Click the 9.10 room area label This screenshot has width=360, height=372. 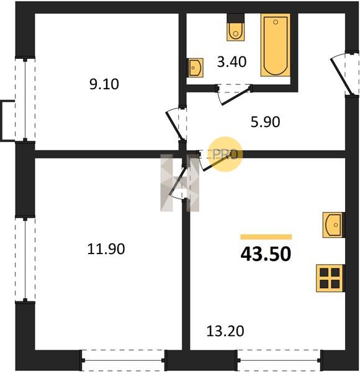[104, 84]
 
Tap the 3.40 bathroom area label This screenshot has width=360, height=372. [232, 62]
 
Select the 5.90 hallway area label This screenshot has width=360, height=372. [265, 122]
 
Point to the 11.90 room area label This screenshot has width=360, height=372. [106, 249]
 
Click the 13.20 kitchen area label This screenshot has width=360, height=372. [225, 331]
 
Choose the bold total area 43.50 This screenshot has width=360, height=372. [266, 254]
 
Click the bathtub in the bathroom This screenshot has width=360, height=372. [276, 45]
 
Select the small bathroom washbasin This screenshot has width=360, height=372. [196, 68]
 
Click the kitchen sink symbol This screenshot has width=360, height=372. [333, 224]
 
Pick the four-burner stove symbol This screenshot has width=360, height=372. [330, 278]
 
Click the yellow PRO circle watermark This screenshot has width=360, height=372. [225, 154]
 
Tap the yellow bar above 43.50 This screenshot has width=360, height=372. [266, 237]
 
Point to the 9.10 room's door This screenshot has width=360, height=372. [175, 125]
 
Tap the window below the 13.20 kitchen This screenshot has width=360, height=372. [279, 360]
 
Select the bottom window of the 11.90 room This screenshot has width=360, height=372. [124, 360]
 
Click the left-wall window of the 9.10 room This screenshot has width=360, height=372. [25, 99]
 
